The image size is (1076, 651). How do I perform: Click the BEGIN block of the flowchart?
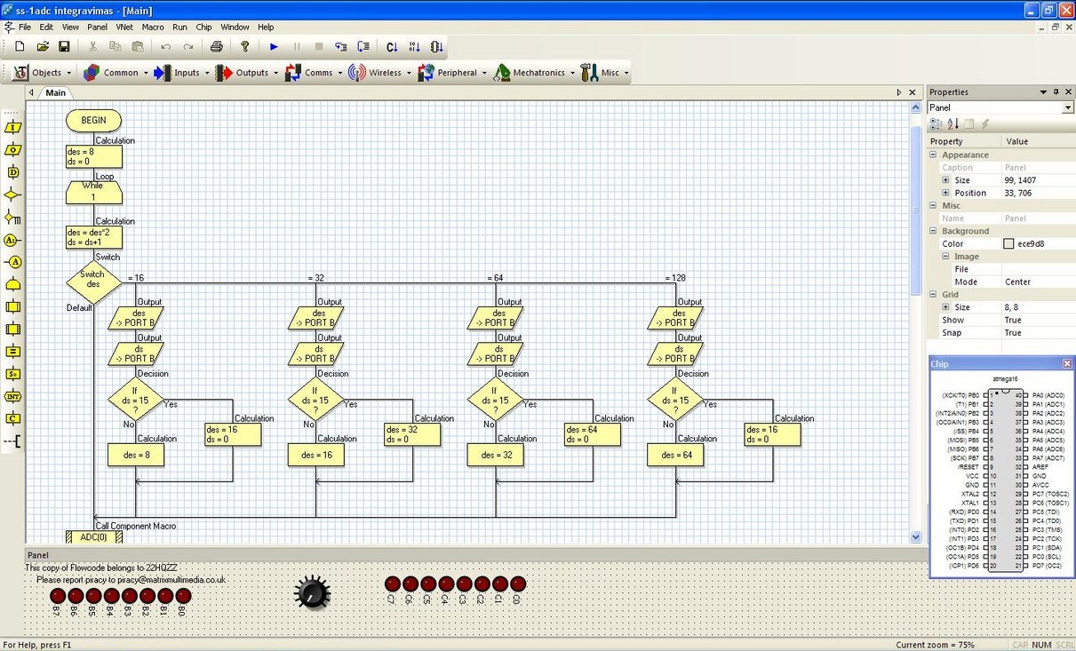pos(93,120)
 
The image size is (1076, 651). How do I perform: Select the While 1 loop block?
pos(93,192)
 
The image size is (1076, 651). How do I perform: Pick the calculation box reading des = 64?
pos(675,455)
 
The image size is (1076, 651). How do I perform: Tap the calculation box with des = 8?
pos(136,455)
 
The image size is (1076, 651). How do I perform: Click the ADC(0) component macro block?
pos(93,537)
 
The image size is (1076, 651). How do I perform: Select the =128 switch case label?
pos(676,278)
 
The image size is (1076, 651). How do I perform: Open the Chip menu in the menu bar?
pos(203,28)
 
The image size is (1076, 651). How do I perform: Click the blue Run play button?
pos(274,47)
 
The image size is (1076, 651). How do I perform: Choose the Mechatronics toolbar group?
pos(530,73)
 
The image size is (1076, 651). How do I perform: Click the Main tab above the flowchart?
pos(55,92)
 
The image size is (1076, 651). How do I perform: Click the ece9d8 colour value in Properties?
pos(1031,243)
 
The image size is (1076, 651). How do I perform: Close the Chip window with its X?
pos(1067,364)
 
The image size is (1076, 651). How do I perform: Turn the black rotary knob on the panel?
pos(312,592)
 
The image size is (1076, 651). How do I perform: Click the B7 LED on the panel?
pos(58,595)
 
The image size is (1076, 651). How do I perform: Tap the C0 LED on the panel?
pos(518,584)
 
